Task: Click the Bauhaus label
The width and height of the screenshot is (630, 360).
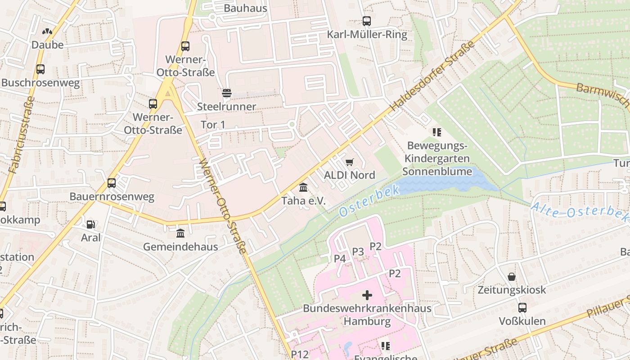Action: [245, 8]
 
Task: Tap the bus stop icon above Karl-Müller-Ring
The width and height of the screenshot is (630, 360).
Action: [367, 21]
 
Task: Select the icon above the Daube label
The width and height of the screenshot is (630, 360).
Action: [47, 31]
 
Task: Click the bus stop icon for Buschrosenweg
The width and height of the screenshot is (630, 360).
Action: [40, 69]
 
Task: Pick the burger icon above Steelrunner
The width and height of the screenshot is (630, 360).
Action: [227, 93]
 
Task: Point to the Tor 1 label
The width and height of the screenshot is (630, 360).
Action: [212, 125]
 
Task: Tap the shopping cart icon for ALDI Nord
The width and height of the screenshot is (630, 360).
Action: [350, 162]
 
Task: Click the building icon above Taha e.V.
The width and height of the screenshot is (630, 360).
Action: [303, 187]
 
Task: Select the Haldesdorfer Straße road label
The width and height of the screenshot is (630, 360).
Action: [432, 76]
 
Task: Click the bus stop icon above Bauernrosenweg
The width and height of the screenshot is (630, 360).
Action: [112, 183]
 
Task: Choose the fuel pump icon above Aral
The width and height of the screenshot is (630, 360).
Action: [91, 224]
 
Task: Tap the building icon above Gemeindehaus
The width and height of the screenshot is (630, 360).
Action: [180, 233]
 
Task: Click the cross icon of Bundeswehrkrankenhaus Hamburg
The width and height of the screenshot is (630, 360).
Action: [367, 295]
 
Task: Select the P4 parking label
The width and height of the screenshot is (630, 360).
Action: [340, 259]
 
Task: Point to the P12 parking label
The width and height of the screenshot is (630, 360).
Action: [300, 354]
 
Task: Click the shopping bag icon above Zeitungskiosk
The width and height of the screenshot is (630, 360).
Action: [512, 276]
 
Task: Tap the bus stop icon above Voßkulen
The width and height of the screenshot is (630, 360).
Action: [522, 308]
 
